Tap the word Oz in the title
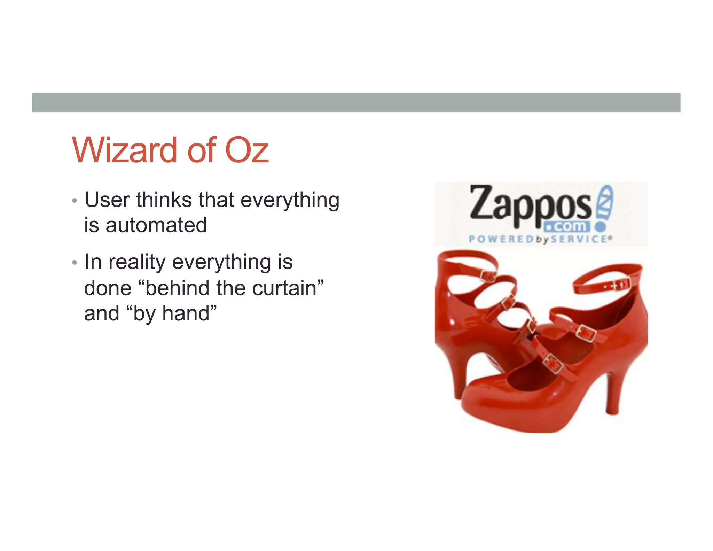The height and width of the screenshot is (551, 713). click(x=247, y=150)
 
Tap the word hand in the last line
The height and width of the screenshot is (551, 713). click(x=186, y=313)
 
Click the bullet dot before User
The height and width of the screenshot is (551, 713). click(x=74, y=201)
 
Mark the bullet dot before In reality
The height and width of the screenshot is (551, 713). click(x=74, y=263)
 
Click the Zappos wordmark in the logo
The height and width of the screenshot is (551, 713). click(x=529, y=205)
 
